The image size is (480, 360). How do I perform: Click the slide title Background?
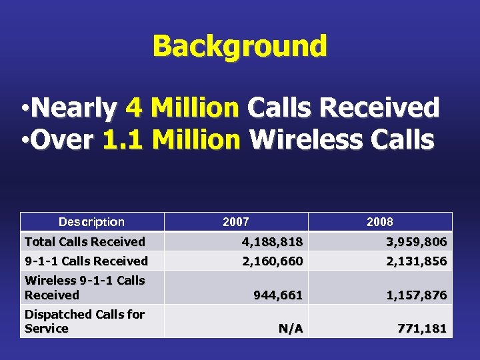point(239,46)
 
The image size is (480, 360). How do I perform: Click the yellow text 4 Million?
point(195,107)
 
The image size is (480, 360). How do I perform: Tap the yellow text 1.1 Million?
point(172,140)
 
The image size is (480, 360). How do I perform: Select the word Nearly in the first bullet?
point(73,107)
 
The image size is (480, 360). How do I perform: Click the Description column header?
point(91,222)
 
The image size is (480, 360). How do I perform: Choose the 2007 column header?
point(236,222)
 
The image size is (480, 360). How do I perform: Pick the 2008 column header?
point(380,222)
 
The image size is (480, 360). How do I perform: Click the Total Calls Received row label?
point(85,241)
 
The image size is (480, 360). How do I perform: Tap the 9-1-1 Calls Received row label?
point(86,261)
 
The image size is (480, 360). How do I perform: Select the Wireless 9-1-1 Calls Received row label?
point(85,287)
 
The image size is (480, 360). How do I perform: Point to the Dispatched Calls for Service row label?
point(85,321)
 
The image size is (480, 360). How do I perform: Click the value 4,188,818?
point(272,241)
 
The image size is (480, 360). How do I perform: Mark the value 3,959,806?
point(416,241)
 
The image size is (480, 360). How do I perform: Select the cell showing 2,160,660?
point(272,261)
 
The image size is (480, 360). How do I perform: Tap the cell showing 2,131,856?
point(416,261)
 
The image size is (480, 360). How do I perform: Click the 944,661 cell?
point(278,295)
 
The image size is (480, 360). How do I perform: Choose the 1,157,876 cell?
point(416,295)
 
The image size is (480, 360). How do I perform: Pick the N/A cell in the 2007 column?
point(290,328)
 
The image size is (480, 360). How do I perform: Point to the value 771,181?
point(422,328)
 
